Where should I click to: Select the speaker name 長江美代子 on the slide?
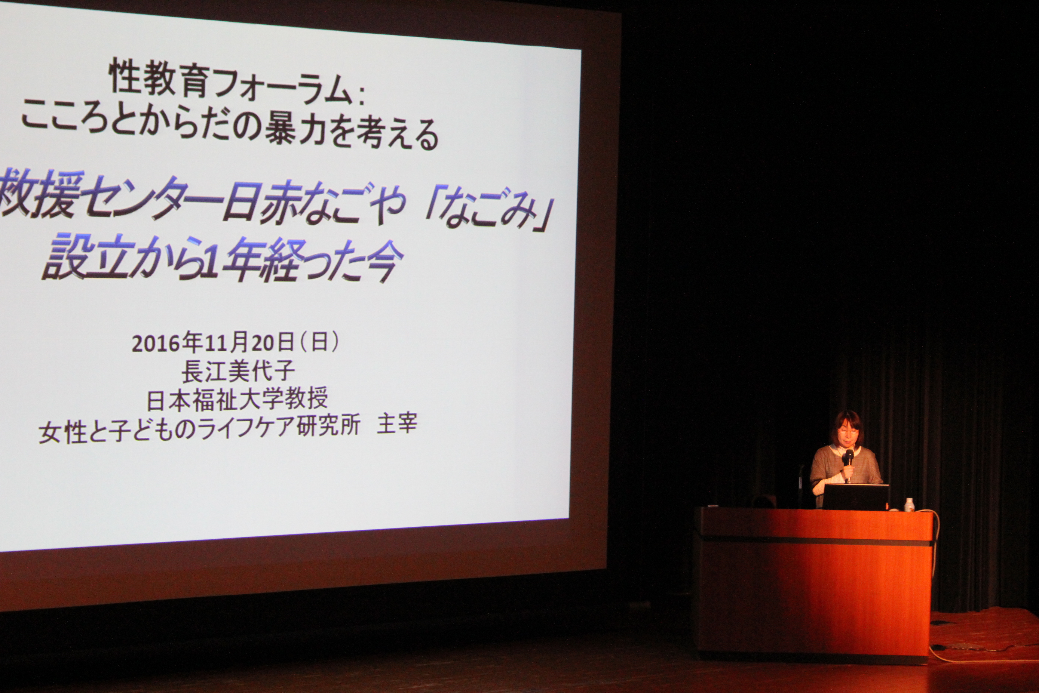coord(238,371)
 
